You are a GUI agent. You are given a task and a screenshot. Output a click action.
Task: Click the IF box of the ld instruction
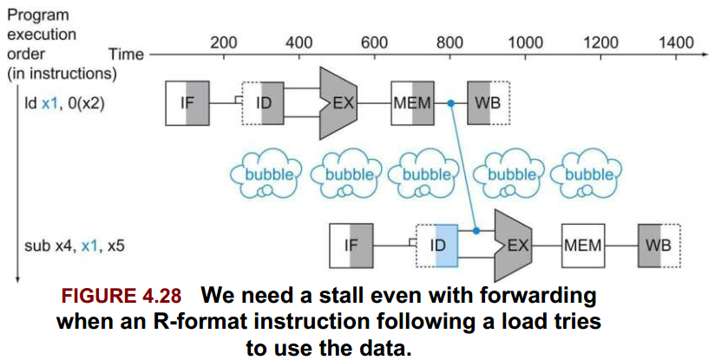tap(187, 103)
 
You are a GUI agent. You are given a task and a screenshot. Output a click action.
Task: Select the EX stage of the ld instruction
tap(338, 103)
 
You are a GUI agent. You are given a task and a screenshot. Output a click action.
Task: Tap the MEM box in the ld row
tap(413, 103)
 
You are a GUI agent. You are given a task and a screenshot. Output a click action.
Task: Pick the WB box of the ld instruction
tap(489, 103)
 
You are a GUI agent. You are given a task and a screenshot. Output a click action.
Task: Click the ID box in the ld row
tap(263, 103)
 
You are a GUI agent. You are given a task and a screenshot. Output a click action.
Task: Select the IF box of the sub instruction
tap(351, 245)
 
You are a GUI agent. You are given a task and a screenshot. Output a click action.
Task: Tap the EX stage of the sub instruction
tap(513, 245)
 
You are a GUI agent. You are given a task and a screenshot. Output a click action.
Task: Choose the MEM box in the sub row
tap(583, 245)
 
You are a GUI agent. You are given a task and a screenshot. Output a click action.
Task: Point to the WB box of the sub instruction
tap(659, 245)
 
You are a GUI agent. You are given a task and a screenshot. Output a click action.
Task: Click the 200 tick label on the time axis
tap(224, 43)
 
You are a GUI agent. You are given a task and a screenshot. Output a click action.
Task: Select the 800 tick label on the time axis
tap(449, 43)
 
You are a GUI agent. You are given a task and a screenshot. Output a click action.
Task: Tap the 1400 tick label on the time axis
tap(676, 43)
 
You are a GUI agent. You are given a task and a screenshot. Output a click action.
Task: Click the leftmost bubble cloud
tap(266, 174)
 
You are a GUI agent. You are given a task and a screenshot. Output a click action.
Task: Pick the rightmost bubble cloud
tap(586, 174)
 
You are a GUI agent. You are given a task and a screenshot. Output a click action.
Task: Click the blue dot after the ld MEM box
tap(450, 104)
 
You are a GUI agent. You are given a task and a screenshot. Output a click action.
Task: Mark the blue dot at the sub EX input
tap(476, 231)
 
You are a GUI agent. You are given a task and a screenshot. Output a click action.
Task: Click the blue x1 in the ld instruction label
tap(50, 104)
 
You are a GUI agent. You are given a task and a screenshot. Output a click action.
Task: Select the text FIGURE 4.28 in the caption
tap(121, 296)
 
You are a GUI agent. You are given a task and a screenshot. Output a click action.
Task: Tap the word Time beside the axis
tap(127, 55)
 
